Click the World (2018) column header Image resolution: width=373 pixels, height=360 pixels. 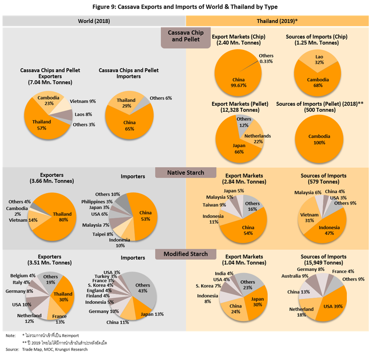pos(94,21)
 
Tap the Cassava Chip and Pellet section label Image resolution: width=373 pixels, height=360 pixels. pos(186,36)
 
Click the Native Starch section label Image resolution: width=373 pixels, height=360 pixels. pos(185,172)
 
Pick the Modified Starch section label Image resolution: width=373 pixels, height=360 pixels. pos(186,254)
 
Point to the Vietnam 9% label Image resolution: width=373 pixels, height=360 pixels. pos(82,101)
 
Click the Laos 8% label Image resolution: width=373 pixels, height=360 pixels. pos(84,115)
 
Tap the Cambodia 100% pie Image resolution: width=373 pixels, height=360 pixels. pos(319,139)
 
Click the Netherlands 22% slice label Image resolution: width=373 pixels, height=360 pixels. pos(257,139)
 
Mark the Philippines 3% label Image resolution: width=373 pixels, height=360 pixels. pos(97,202)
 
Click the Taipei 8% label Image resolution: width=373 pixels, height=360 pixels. pos(102,234)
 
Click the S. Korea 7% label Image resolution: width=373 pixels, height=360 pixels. pos(208,286)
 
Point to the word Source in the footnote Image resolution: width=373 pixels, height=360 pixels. pos(12,349)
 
